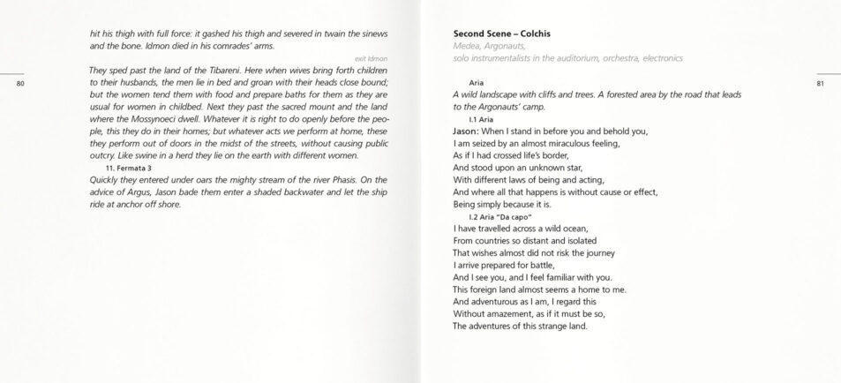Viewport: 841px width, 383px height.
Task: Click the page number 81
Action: pos(820,84)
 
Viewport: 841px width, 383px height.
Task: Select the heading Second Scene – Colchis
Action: pos(500,34)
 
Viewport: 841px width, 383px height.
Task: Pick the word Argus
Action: pos(143,191)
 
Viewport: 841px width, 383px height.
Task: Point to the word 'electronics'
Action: pos(657,58)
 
